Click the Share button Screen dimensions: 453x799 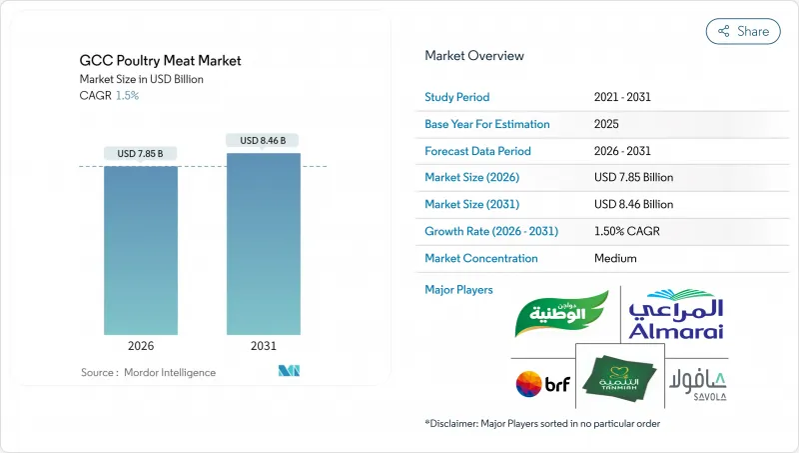click(743, 31)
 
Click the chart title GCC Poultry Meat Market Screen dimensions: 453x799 click(160, 60)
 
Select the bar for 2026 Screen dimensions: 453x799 click(140, 249)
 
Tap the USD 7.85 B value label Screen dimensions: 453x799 click(140, 154)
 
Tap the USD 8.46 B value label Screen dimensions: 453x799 click(263, 141)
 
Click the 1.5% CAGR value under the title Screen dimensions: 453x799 click(128, 95)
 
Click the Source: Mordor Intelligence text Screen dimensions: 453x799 click(148, 372)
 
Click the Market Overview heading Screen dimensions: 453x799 click(474, 56)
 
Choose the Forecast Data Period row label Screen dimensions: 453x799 click(478, 151)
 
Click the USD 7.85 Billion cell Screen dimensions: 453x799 click(633, 178)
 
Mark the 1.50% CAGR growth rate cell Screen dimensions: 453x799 click(627, 231)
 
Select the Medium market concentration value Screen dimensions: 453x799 click(615, 258)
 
